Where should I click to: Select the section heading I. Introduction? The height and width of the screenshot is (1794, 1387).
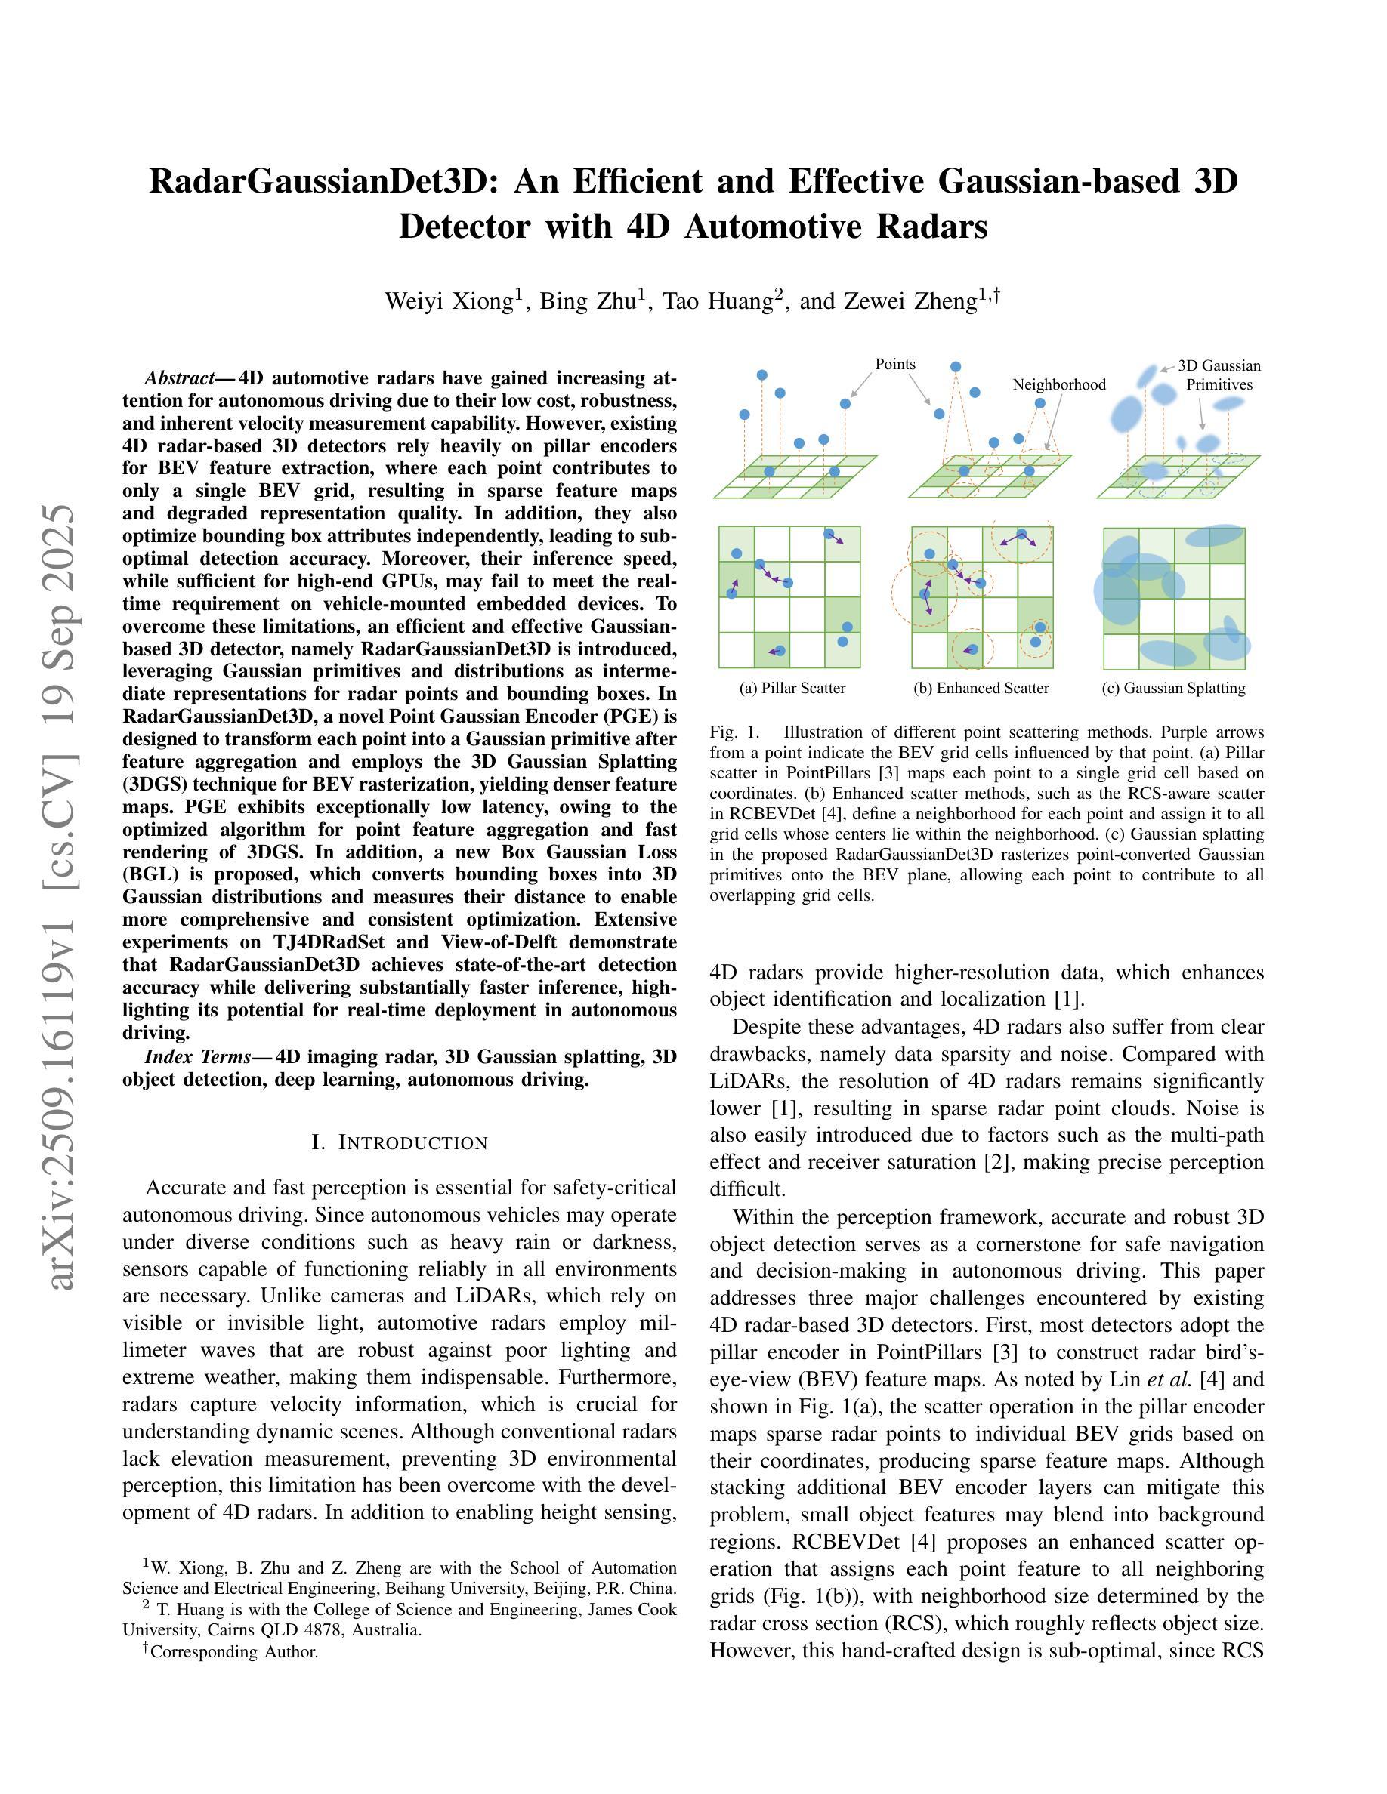400,1142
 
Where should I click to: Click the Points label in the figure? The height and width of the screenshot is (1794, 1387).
894,364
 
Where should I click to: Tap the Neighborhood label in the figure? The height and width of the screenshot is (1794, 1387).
1058,384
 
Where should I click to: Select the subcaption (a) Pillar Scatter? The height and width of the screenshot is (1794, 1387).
792,689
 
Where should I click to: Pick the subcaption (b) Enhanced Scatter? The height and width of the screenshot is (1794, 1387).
981,689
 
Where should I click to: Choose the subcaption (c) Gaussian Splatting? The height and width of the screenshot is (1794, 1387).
1173,689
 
